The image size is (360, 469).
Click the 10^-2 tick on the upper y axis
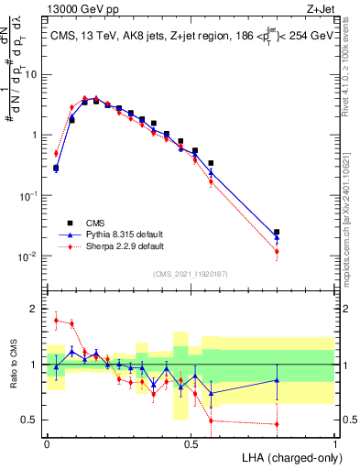[x=30, y=256]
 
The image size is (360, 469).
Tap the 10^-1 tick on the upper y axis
[x=30, y=195]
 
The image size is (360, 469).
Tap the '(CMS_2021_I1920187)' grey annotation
[x=191, y=273]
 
